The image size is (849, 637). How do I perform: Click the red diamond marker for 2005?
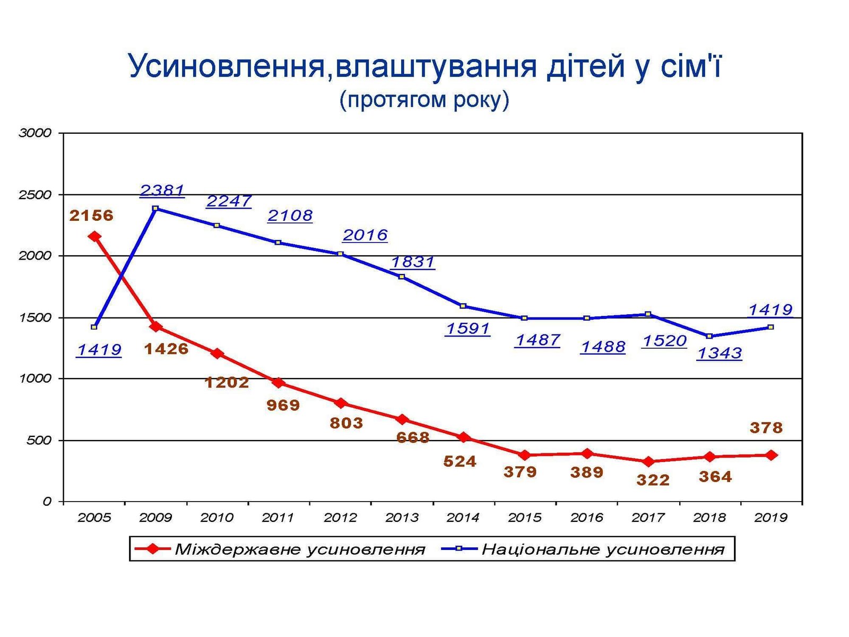click(x=94, y=236)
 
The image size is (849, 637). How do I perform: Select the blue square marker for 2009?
click(x=155, y=209)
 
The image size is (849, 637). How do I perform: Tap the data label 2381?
click(x=162, y=190)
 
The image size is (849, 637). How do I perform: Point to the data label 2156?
click(x=91, y=215)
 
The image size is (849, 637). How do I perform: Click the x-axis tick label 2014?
click(x=463, y=517)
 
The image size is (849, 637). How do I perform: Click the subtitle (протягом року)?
click(x=424, y=100)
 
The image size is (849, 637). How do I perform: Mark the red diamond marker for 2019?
click(x=772, y=455)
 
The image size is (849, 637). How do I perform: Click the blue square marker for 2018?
click(x=709, y=336)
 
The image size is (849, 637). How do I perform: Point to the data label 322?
click(x=653, y=480)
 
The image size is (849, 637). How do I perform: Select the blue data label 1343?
click(x=719, y=353)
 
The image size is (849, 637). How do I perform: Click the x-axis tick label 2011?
click(x=278, y=517)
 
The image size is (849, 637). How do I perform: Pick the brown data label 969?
click(x=283, y=405)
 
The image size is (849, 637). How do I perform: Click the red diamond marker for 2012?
click(x=341, y=403)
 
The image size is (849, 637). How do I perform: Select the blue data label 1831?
click(x=413, y=262)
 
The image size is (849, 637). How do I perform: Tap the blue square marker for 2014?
click(x=463, y=306)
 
